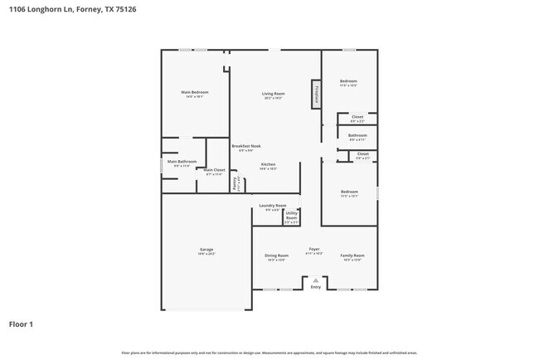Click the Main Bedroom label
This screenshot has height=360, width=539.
[195, 92]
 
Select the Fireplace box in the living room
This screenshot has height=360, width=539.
[316, 94]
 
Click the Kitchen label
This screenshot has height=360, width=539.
[269, 164]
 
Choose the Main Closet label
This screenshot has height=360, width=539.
[214, 170]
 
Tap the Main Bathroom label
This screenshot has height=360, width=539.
[182, 162]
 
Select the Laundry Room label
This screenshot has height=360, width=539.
[273, 205]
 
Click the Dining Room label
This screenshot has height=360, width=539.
[276, 255]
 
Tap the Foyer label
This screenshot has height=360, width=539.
[314, 249]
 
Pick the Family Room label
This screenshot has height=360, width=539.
[352, 255]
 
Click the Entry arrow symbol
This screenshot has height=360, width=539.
[315, 281]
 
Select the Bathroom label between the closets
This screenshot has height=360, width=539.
[357, 135]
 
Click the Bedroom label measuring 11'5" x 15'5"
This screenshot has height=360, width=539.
[348, 81]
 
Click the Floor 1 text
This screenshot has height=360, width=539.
[21, 324]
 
